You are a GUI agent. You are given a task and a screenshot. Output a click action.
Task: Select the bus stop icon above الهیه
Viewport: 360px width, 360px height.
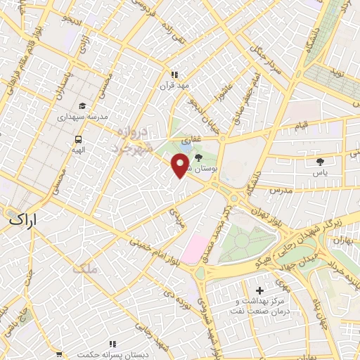[79, 139]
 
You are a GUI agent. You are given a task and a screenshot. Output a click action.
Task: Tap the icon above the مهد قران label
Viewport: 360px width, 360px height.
[174, 74]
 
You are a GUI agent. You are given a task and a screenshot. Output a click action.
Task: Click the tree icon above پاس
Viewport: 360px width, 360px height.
[320, 161]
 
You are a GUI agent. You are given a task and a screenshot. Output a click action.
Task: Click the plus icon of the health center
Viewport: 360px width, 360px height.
[259, 290]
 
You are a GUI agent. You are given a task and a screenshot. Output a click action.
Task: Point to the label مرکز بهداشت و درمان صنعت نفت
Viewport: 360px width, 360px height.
[260, 306]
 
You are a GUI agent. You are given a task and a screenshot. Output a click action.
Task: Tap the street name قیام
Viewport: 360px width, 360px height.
[302, 125]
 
